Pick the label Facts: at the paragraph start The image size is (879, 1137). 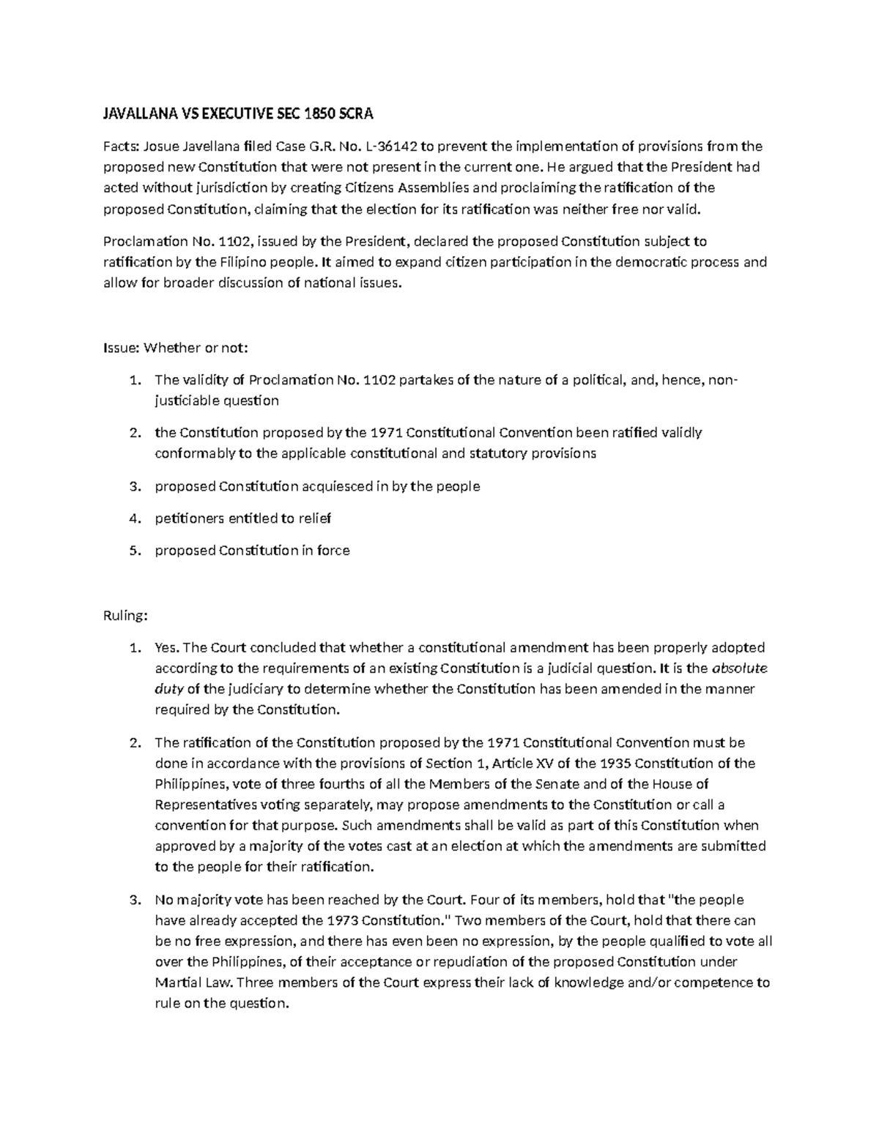point(120,146)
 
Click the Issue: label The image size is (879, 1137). point(121,348)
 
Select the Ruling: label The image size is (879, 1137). point(125,616)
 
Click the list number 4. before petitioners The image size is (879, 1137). point(134,518)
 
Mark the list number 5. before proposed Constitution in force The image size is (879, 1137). point(134,551)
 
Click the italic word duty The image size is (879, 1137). point(169,689)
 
